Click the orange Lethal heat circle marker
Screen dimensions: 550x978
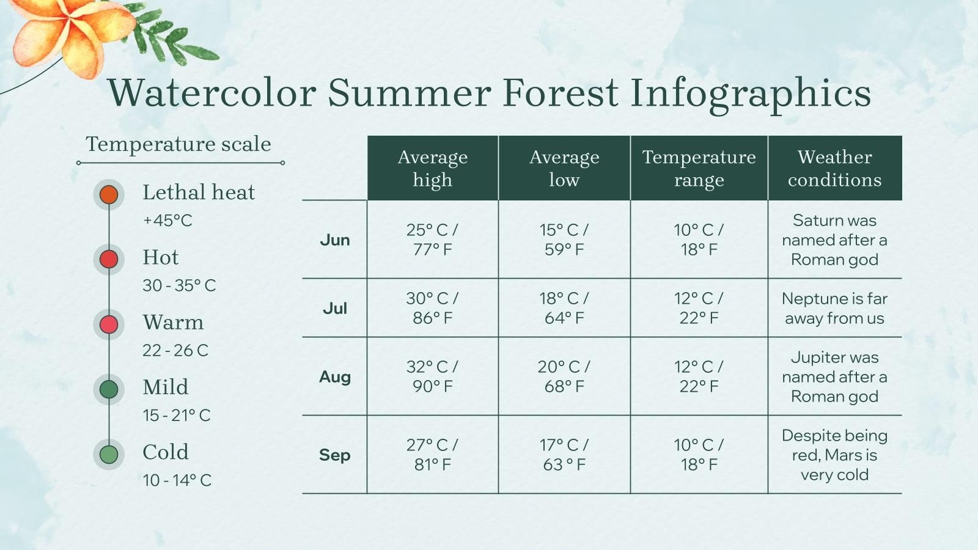point(109,194)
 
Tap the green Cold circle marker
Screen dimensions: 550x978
point(109,454)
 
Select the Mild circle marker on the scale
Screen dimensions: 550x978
point(109,389)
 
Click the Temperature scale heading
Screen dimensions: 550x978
point(178,144)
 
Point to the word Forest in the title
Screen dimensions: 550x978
point(561,94)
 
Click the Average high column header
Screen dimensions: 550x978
point(433,168)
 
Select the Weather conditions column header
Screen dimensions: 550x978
point(834,168)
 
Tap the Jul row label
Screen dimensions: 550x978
point(335,308)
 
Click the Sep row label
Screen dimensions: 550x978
point(335,455)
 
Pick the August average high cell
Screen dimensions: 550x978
point(433,376)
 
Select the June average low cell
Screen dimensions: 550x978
point(564,240)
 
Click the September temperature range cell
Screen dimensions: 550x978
point(699,455)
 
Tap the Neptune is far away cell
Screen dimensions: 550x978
point(834,308)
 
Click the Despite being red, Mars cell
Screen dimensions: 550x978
point(834,455)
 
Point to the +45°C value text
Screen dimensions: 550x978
point(167,221)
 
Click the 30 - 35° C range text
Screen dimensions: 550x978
point(179,285)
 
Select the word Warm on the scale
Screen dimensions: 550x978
point(173,322)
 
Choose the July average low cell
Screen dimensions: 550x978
point(564,308)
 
